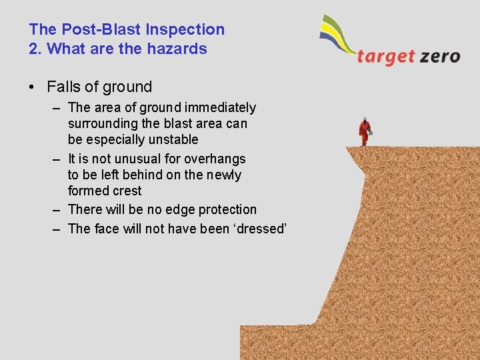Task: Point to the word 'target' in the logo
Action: [x=385, y=56]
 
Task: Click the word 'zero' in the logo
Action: [x=440, y=56]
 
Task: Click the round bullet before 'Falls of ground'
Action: [x=33, y=87]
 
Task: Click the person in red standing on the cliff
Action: [x=365, y=131]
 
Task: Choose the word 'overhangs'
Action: [x=215, y=159]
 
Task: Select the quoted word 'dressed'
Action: [x=257, y=229]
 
